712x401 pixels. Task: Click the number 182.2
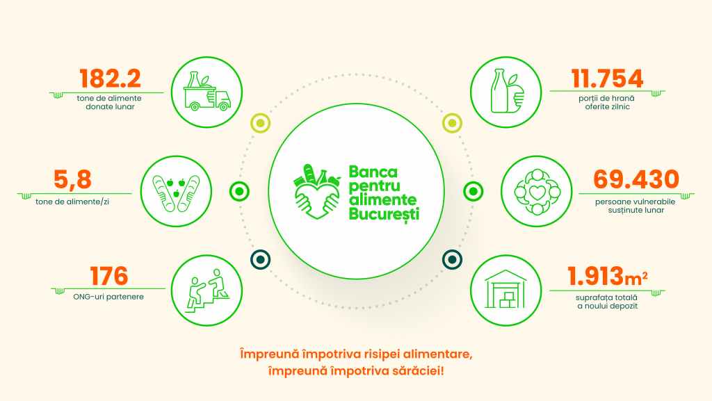tap(110, 79)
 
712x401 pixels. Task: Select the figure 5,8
tap(72, 179)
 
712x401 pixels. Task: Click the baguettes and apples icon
tap(176, 192)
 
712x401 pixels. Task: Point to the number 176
tap(109, 276)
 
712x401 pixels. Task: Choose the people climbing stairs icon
tap(207, 290)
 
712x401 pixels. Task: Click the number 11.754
tap(607, 79)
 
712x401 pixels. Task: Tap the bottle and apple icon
tap(507, 91)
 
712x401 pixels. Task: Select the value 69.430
tap(636, 179)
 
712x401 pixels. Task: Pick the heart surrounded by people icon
tap(537, 192)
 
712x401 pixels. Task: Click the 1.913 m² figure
tap(608, 277)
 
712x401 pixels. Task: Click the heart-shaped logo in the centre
tap(317, 191)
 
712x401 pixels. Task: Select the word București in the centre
tap(384, 213)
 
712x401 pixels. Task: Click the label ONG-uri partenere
tap(108, 297)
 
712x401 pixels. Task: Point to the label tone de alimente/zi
tap(72, 202)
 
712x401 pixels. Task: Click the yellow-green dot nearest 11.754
tap(452, 123)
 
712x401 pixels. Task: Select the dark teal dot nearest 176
tap(261, 259)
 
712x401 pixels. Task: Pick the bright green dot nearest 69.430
tap(473, 191)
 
